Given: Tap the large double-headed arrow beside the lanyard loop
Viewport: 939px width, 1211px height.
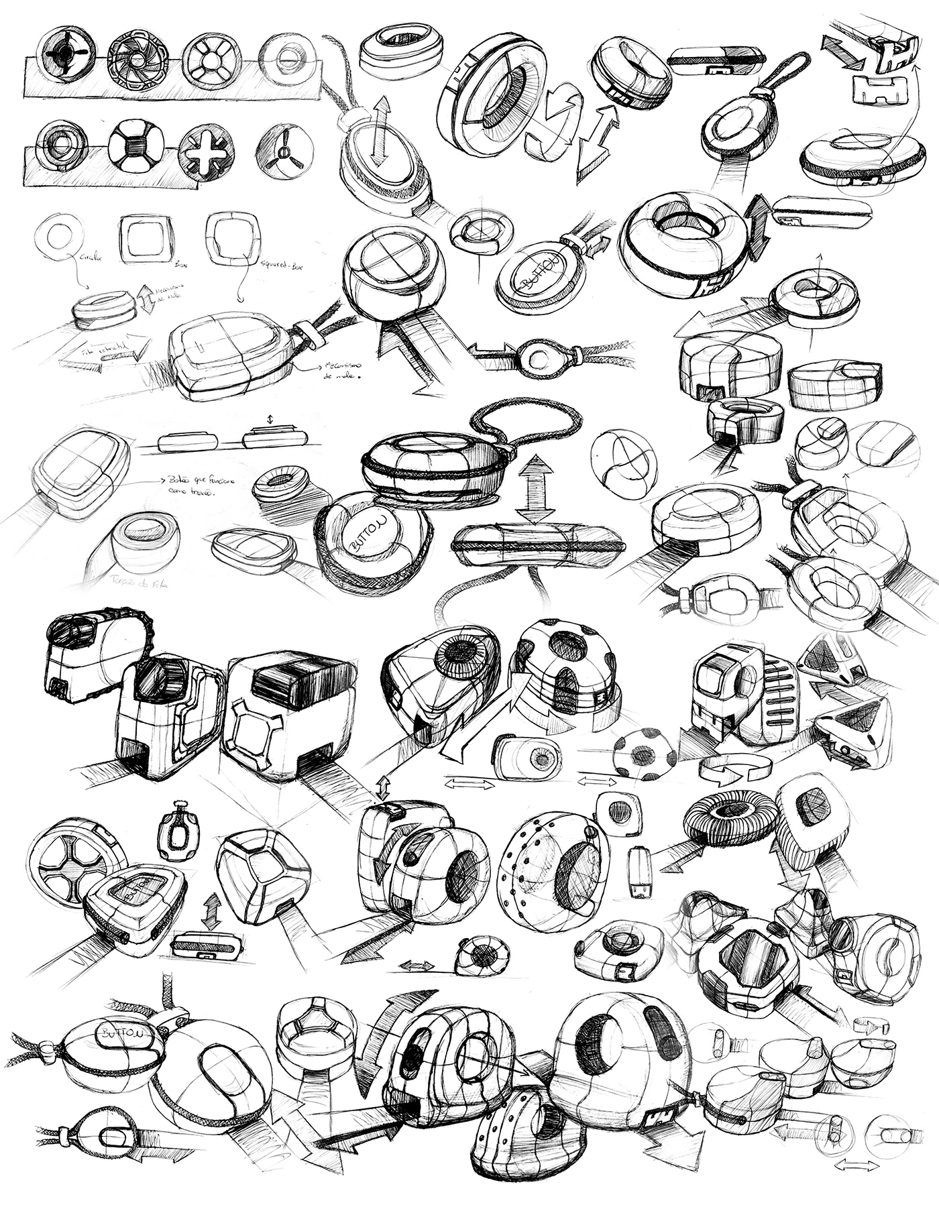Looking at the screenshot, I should (535, 489).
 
